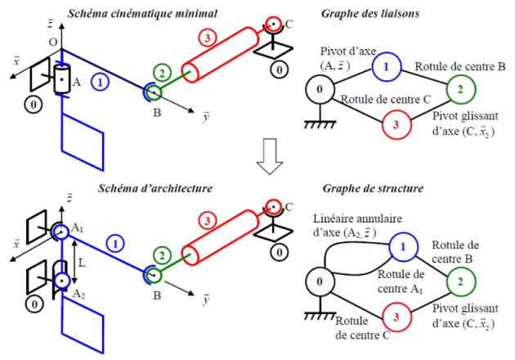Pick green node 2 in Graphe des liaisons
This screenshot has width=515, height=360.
(460, 88)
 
